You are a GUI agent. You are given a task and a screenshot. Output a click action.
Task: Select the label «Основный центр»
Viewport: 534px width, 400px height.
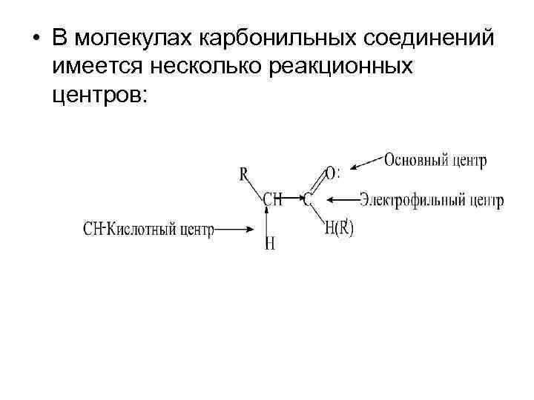(x=436, y=161)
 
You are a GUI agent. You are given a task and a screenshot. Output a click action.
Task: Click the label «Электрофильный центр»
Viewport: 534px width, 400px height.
(x=432, y=199)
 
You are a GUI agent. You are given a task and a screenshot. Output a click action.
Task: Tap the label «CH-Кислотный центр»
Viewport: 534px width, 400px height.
(x=148, y=230)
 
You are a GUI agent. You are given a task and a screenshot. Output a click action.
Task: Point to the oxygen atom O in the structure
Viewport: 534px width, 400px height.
(x=329, y=173)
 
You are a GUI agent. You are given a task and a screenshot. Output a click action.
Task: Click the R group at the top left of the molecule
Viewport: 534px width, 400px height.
(x=243, y=175)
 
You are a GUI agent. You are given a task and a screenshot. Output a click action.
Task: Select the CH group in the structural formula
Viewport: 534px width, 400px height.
(x=272, y=199)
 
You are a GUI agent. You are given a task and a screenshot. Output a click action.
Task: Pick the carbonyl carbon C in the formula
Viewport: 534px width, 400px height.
(x=307, y=199)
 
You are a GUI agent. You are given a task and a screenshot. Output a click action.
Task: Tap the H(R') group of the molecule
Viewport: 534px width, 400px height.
(x=339, y=229)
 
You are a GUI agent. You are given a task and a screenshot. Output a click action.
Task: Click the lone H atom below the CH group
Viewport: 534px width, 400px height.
(x=269, y=244)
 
